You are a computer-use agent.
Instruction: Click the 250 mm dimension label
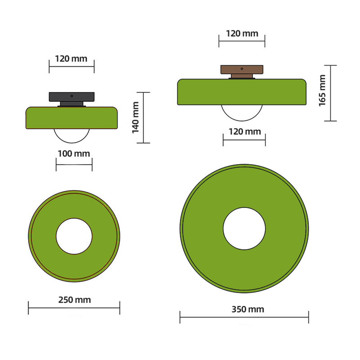[x=75, y=300]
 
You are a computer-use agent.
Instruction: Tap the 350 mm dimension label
[x=248, y=309]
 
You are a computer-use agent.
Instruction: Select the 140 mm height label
[x=136, y=118]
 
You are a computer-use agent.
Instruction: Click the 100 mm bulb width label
[x=74, y=154]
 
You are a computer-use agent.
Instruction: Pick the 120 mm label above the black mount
[x=71, y=58]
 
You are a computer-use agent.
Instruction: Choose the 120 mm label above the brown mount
[x=242, y=33]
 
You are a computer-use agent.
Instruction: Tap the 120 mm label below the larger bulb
[x=244, y=131]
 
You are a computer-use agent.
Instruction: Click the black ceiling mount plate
[x=72, y=97]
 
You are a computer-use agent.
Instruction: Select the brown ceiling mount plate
[x=242, y=69]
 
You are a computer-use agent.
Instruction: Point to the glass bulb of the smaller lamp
[x=72, y=135]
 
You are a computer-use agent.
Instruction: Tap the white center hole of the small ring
[x=74, y=236]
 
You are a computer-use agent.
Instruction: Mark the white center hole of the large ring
[x=244, y=229]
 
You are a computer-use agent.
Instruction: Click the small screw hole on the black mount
[x=72, y=96]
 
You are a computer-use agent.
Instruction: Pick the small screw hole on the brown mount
[x=242, y=68]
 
